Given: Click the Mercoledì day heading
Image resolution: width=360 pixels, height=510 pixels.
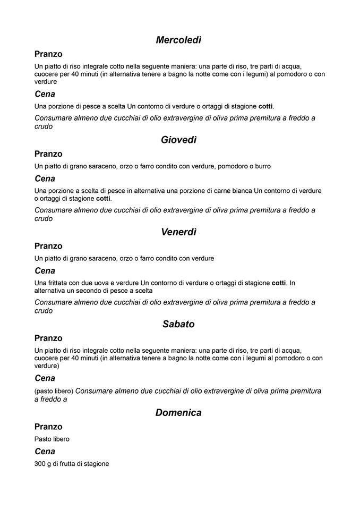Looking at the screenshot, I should click(178, 40).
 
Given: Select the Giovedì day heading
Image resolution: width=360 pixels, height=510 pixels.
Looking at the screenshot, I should click(178, 140).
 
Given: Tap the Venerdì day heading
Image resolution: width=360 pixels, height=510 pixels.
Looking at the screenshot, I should click(178, 232).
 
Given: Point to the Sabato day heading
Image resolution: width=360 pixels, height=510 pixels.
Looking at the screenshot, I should click(178, 324).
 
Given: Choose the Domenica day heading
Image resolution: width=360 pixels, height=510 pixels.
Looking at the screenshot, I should click(178, 412).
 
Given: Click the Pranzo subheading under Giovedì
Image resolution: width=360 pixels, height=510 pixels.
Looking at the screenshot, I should click(48, 154).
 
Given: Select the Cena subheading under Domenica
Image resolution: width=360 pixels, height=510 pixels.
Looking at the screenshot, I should click(45, 452).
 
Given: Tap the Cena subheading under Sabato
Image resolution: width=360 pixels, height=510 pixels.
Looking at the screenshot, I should click(45, 378).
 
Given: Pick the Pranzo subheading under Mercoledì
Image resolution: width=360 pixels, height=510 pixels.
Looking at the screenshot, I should click(48, 54).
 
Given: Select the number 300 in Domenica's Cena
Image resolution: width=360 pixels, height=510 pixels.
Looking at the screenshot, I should click(40, 464).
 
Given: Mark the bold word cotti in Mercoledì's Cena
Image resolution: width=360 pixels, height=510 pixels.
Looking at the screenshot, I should click(265, 106).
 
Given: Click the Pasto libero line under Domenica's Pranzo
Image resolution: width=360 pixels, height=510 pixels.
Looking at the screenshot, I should click(52, 439).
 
